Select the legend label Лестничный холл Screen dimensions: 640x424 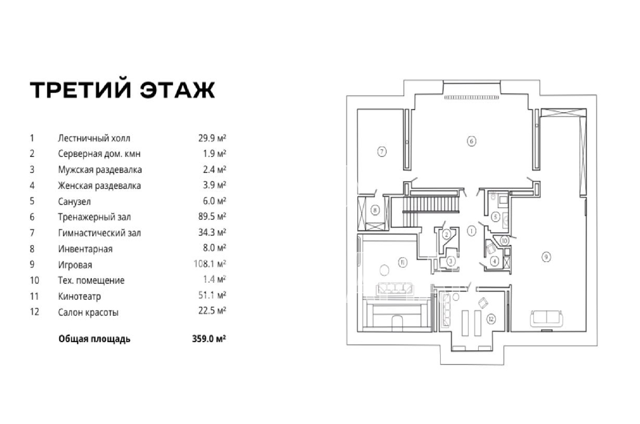pyautogui.click(x=94, y=138)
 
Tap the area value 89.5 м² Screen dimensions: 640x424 pyautogui.click(x=212, y=216)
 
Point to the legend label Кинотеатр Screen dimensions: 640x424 pyautogui.click(x=80, y=296)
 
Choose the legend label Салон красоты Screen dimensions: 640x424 pyautogui.click(x=88, y=312)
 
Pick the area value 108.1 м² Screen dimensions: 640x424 pyautogui.click(x=210, y=264)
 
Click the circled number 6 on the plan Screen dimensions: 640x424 pyautogui.click(x=472, y=141)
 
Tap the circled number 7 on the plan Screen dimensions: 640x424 pyautogui.click(x=382, y=152)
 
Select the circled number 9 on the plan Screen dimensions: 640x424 pyautogui.click(x=546, y=257)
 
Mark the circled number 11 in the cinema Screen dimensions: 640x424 pyautogui.click(x=402, y=262)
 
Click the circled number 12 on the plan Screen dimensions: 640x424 pyautogui.click(x=491, y=319)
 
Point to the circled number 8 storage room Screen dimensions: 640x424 pyautogui.click(x=375, y=210)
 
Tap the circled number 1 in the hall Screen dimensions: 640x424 pyautogui.click(x=472, y=231)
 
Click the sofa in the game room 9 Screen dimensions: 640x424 pyautogui.click(x=546, y=318)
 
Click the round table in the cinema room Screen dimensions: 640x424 pyautogui.click(x=384, y=270)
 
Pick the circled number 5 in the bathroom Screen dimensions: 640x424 pyautogui.click(x=496, y=217)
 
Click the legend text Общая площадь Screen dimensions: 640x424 pyautogui.click(x=94, y=339)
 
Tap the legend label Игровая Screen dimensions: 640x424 pyautogui.click(x=75, y=265)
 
